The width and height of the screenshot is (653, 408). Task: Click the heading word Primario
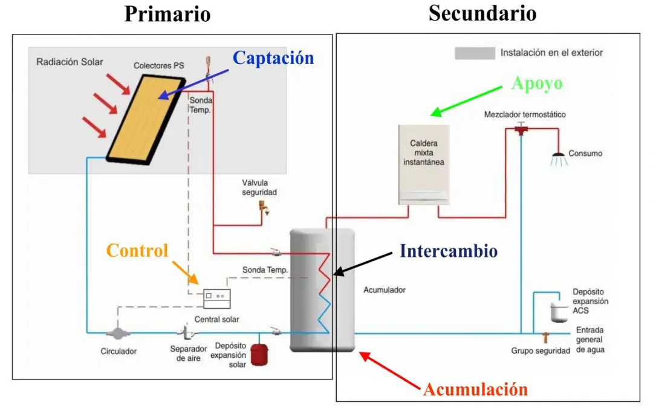[x=167, y=13]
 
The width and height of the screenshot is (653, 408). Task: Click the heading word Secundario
[x=482, y=13]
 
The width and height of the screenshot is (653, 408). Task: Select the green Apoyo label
[x=536, y=83]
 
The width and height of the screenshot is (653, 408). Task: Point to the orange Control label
[x=137, y=250]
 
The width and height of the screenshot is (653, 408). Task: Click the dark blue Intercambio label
[x=448, y=250]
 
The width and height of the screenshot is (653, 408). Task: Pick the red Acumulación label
[x=475, y=389]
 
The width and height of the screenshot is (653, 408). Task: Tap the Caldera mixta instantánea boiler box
[x=424, y=163]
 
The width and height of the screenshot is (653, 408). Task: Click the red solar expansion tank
[x=260, y=354]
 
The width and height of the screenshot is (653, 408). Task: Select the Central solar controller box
[x=217, y=296]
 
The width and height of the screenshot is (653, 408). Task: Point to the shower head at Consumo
[x=559, y=158]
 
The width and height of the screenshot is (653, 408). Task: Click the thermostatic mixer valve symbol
[x=521, y=129]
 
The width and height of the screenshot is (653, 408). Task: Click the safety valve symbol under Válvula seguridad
[x=263, y=207]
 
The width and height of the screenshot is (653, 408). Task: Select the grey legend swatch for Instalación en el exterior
[x=474, y=53]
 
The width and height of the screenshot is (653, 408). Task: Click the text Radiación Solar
[x=70, y=62]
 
